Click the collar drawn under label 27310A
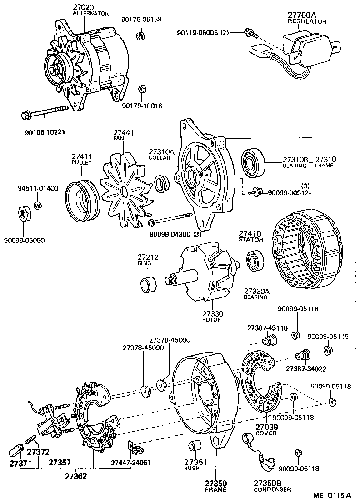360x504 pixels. [162, 183]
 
